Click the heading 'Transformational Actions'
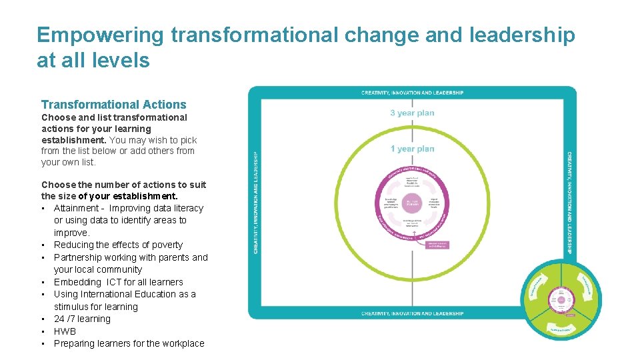pos(114,105)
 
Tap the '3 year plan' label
pos(412,113)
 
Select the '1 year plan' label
pos(412,149)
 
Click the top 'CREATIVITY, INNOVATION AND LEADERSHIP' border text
pos(412,93)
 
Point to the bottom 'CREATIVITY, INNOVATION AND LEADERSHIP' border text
pos(412,313)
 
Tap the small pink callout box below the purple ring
pos(437,245)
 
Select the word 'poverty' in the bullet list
pos(167,245)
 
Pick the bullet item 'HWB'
pos(65,331)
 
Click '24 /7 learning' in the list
pos(82,319)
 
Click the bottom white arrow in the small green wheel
pos(561,329)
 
